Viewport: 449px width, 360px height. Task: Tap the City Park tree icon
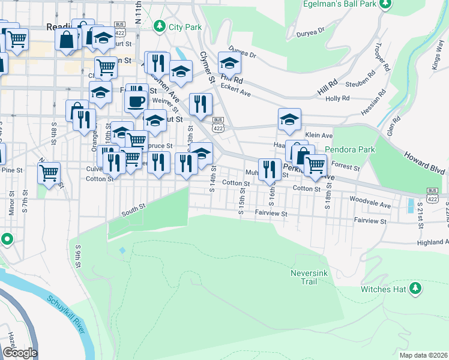[159, 26]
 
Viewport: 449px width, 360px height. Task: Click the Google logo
[19, 353]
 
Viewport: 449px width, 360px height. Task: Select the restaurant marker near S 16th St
[270, 170]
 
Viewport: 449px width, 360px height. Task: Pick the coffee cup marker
[137, 100]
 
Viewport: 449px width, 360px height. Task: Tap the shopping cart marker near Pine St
[49, 173]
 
